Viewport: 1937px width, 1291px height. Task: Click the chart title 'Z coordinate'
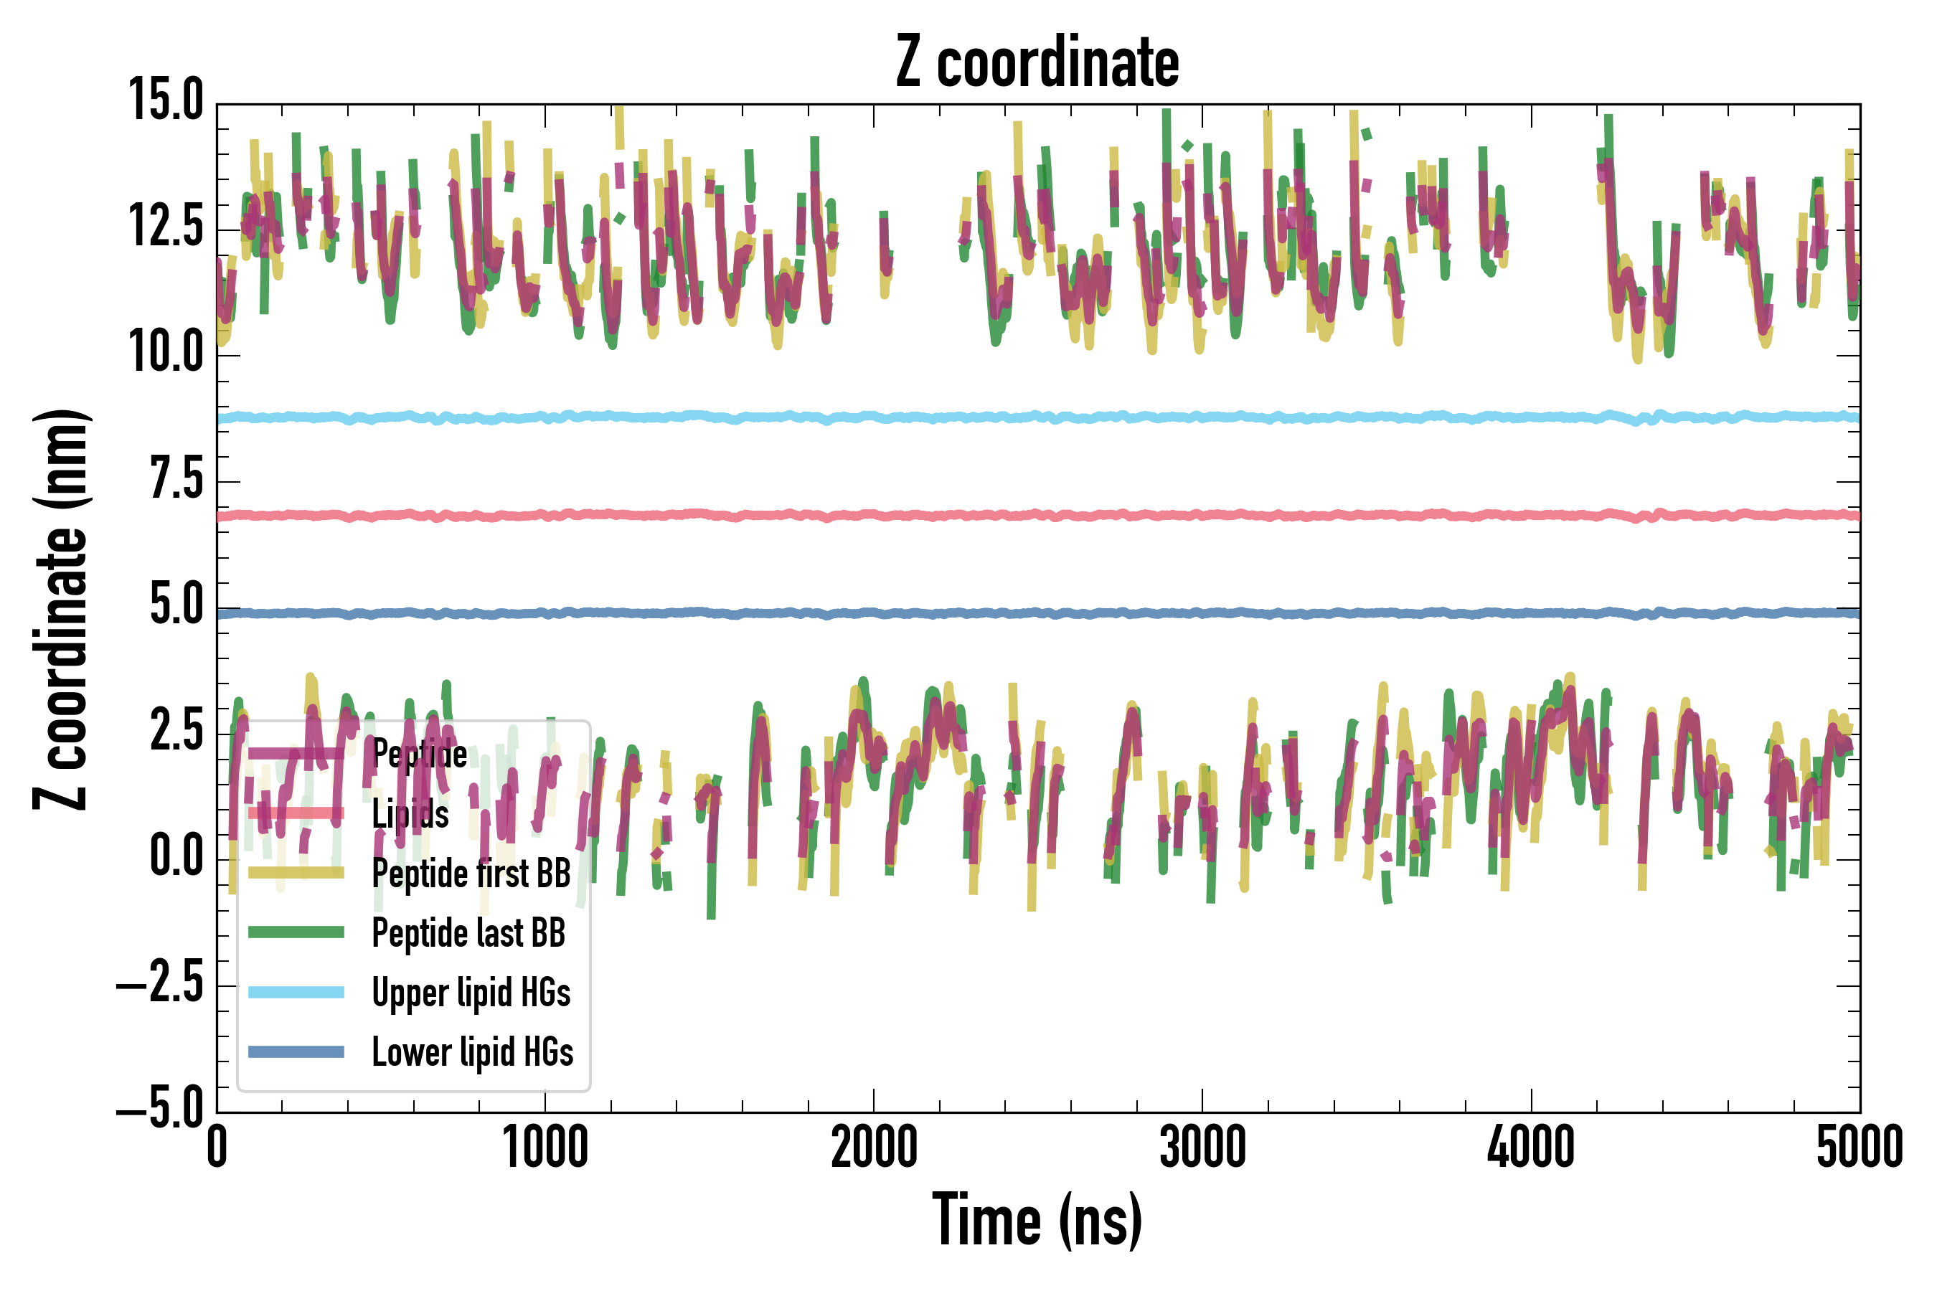click(x=1037, y=62)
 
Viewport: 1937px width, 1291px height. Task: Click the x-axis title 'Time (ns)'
click(x=1037, y=1220)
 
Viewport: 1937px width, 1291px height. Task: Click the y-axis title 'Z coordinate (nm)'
click(x=62, y=608)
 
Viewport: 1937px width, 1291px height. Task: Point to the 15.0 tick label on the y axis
click(x=166, y=100)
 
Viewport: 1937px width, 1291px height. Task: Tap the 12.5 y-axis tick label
click(x=166, y=227)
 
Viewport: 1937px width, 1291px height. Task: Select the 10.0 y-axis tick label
click(x=166, y=352)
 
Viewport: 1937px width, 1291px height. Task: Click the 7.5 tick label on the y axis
click(x=176, y=478)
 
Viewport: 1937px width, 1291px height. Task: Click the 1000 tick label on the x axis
click(x=545, y=1148)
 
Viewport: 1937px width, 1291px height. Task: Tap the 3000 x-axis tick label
click(x=1202, y=1148)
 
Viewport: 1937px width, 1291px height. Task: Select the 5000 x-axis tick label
click(x=1859, y=1148)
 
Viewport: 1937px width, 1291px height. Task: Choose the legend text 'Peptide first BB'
click(x=471, y=874)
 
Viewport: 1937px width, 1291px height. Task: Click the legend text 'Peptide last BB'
click(x=468, y=933)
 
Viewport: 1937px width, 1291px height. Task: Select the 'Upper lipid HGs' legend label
click(x=471, y=992)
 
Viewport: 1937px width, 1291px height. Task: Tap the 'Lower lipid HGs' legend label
click(x=473, y=1052)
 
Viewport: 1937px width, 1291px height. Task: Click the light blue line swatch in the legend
click(x=296, y=992)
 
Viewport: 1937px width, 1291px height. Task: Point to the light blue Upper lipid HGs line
click(x=1070, y=417)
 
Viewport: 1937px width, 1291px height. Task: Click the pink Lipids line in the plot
click(x=1070, y=516)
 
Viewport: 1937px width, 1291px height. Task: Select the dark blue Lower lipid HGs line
click(x=1070, y=613)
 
